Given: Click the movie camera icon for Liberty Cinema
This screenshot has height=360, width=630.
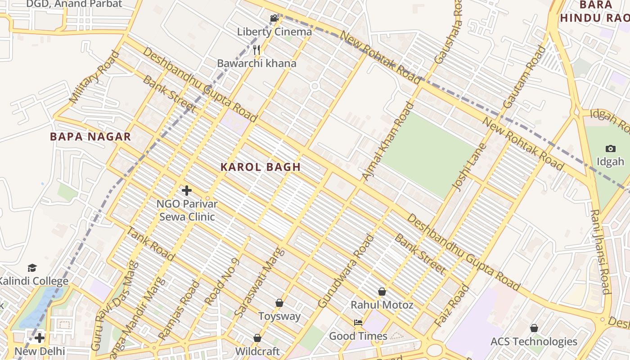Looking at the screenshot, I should coord(274,18).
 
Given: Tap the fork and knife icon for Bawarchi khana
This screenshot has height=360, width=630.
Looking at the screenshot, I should coord(256,49).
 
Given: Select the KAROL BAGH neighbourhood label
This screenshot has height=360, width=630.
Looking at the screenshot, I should coord(261,167).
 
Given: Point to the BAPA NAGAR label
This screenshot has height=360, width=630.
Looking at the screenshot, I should coord(90,137).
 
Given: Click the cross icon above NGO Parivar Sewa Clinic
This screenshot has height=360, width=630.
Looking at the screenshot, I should coord(187,190).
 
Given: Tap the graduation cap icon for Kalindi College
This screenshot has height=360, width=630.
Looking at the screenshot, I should coord(32,268).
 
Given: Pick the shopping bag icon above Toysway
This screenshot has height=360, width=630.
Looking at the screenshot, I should coord(279,303).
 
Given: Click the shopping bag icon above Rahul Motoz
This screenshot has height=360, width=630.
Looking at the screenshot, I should coord(382,292).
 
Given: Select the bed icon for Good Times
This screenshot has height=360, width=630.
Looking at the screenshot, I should coord(358,323).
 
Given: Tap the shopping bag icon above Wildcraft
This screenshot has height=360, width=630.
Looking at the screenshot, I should coord(257,337).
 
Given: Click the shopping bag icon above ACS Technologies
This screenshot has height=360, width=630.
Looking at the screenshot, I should coord(534,328).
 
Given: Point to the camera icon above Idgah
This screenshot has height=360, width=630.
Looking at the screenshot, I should coord(611,148).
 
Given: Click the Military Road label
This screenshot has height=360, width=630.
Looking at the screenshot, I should coord(95,77).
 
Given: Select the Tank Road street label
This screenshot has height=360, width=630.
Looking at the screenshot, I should coord(150,244).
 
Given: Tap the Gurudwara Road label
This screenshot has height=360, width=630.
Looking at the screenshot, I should coord(346,271).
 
